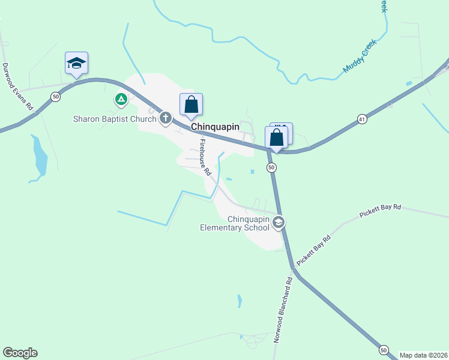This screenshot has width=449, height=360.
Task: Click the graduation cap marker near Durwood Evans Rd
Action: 76,63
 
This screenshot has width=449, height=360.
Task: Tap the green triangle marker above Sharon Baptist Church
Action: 121,98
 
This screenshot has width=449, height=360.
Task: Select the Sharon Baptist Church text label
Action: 114,119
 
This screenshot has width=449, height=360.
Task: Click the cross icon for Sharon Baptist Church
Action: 166,118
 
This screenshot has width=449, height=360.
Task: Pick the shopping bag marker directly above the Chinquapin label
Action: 191,105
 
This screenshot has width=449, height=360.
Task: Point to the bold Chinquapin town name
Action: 215,127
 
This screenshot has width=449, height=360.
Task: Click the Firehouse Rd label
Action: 206,157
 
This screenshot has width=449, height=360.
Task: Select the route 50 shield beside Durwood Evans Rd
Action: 55,96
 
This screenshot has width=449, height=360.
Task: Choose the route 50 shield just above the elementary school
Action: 271,167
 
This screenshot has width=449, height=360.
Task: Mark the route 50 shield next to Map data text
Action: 383,349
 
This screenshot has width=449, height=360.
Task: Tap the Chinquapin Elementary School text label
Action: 235,223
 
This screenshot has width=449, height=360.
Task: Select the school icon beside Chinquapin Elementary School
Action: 278,223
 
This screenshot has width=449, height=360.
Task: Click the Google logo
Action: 20,353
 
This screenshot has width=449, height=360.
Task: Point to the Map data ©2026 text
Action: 423,355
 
